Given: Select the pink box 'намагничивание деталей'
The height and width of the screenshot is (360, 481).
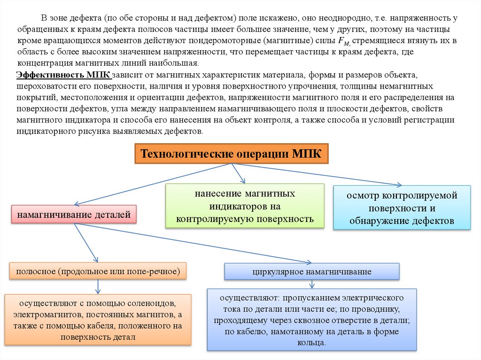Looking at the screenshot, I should pos(74,215).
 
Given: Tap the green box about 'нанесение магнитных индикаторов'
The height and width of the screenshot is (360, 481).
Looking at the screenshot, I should pos(245,206).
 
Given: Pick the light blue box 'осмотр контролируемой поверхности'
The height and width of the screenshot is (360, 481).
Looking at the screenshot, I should pos(402,207).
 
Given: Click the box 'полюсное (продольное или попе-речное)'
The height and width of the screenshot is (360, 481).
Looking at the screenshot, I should pos(98,271).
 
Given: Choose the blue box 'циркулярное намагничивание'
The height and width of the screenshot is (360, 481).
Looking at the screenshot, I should pos(312,271).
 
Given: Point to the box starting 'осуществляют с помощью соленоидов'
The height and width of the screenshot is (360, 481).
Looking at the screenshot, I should pos(98,320).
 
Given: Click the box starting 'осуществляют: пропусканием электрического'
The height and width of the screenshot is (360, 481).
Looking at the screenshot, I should pos(312,320).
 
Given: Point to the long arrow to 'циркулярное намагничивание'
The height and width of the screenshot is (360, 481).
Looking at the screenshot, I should pos(193,243).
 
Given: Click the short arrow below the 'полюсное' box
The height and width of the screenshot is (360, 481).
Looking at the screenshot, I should pos(98,286).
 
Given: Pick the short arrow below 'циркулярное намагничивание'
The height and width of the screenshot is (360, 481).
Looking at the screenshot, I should pos(312,284).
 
